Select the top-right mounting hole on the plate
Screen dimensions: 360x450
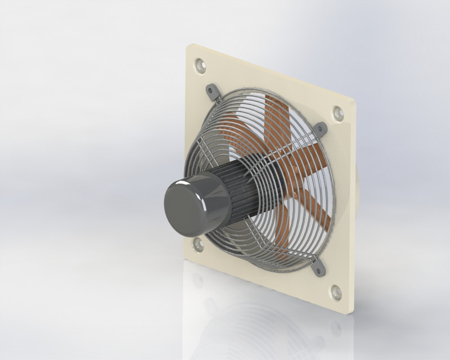coord(338,112)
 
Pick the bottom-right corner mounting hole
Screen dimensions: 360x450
coord(336,291)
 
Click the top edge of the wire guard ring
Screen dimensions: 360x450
coord(264,88)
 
